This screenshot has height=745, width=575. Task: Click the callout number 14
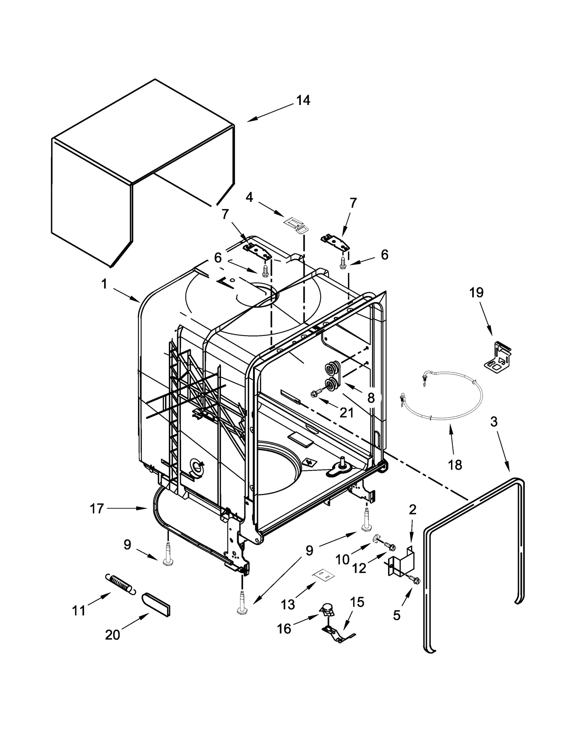point(303,100)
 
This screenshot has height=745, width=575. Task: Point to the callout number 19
point(476,292)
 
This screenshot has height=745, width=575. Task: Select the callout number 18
point(455,465)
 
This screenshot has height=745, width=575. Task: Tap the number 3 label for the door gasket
point(494,422)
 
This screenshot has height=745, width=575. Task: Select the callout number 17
point(97,509)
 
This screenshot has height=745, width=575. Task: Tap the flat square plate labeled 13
point(322,576)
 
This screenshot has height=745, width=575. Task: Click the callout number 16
point(284,628)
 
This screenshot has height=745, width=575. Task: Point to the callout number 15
point(357,602)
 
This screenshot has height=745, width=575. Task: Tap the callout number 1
point(104,284)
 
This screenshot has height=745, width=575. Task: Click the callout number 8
point(371,398)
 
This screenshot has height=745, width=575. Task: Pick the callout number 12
point(359,568)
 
